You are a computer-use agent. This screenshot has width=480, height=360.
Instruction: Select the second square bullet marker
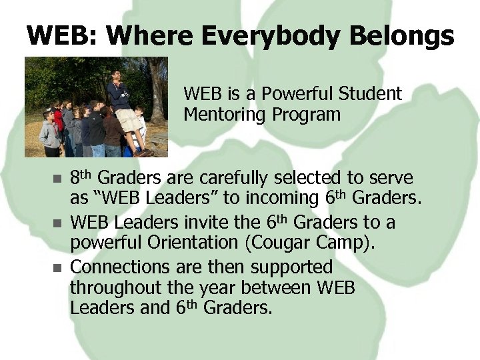(57, 222)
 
